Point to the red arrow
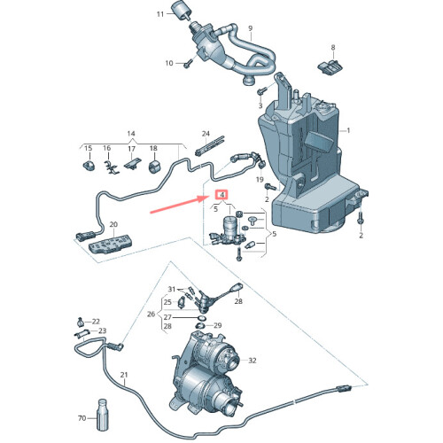coord(178,206)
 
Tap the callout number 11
coord(160,15)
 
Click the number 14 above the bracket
coord(132,133)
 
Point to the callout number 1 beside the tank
coord(348,130)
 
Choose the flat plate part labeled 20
coord(110,244)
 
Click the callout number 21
coord(125,375)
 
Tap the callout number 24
coord(206,134)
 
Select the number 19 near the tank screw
coord(260,179)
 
